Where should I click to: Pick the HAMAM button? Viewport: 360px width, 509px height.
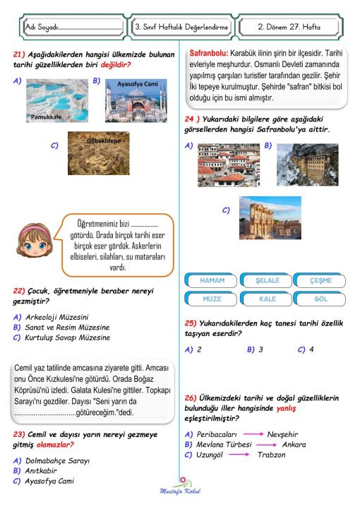209,280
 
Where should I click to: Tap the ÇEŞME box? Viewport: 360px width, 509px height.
321,280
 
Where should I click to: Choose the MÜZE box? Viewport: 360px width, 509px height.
209,299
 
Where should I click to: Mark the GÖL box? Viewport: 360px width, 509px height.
321,299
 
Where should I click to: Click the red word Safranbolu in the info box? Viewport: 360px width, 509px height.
208,53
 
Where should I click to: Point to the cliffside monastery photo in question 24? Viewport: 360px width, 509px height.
307,164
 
